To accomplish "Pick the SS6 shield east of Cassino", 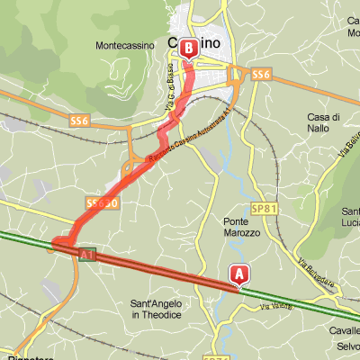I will (261, 75).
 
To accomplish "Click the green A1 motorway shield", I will (87, 256).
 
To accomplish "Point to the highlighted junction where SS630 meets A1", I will (61, 243).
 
